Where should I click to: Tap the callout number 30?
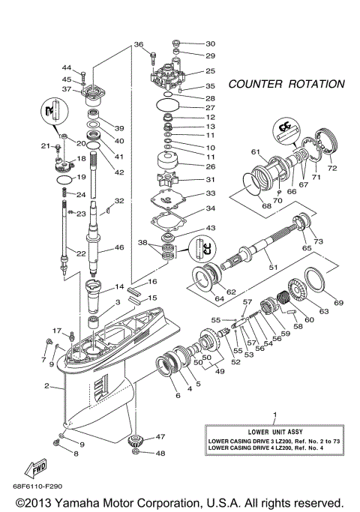[x=210, y=43]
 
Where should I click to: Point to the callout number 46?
[x=118, y=247]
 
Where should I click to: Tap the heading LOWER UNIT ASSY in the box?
[x=274, y=431]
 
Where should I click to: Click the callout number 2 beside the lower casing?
[x=46, y=387]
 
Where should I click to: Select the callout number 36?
[x=139, y=45]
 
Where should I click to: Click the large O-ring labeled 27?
[x=168, y=106]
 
